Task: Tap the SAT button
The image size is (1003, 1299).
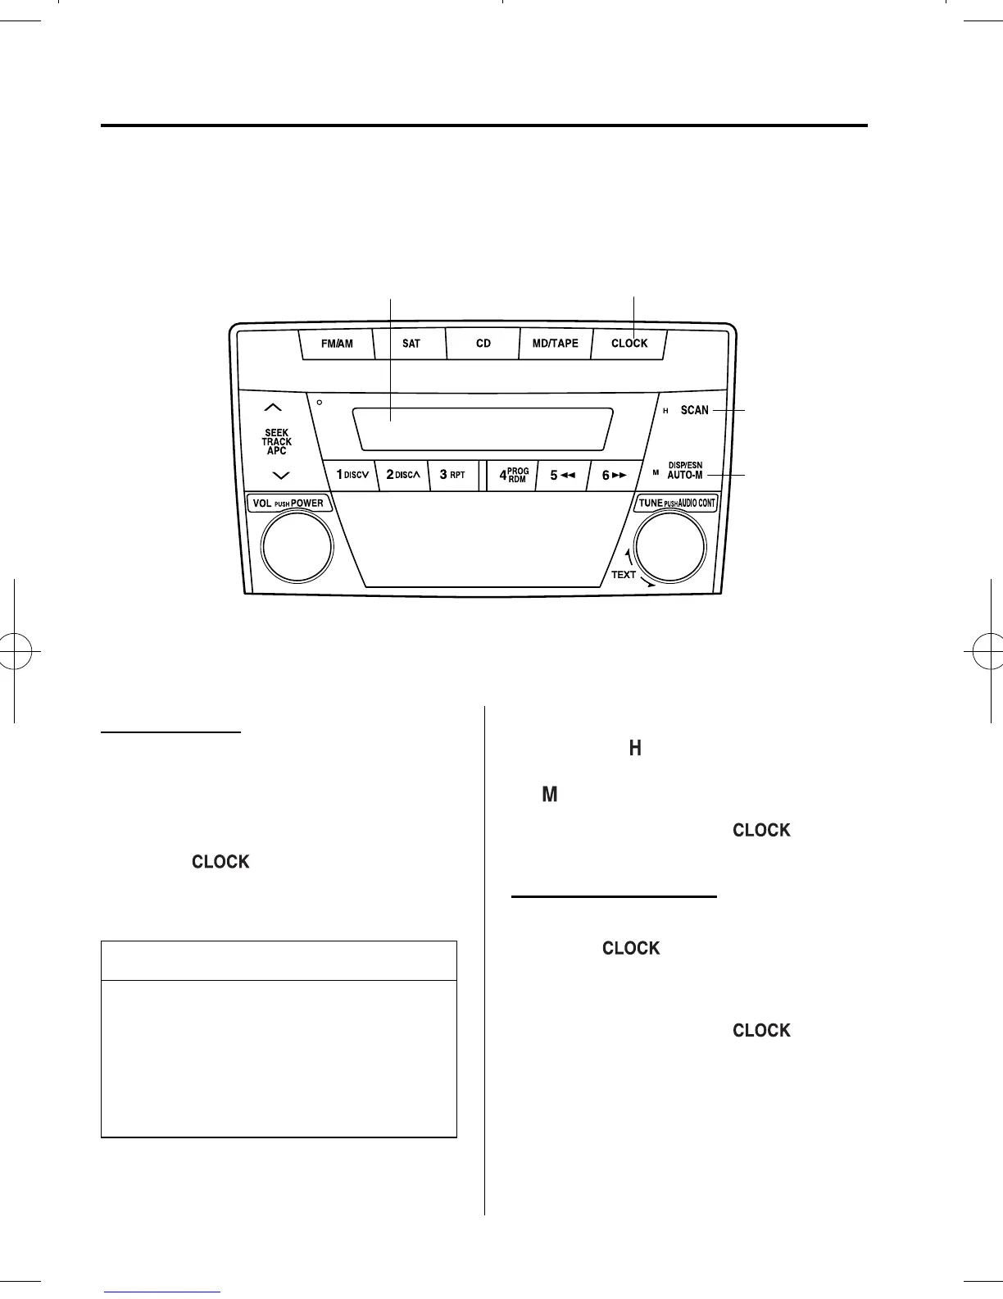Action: (x=411, y=344)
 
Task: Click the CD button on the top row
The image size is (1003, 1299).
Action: (x=483, y=344)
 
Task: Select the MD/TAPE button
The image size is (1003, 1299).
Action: (x=555, y=344)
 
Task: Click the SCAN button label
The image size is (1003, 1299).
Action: (x=694, y=410)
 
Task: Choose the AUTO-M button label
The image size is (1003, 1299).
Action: (x=685, y=475)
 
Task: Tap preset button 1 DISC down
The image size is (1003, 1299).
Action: (x=352, y=475)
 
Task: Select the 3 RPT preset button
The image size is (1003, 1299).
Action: (x=452, y=475)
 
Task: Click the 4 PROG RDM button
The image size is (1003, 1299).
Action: (x=513, y=475)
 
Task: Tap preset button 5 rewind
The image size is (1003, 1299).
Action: (x=561, y=475)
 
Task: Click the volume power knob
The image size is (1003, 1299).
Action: (x=297, y=545)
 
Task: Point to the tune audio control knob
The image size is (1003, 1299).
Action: (x=669, y=545)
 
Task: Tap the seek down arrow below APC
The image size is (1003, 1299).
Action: (x=280, y=475)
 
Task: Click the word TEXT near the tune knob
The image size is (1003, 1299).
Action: (x=623, y=575)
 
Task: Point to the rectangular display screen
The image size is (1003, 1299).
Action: (x=483, y=427)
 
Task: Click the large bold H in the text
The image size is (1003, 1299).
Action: (x=634, y=748)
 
